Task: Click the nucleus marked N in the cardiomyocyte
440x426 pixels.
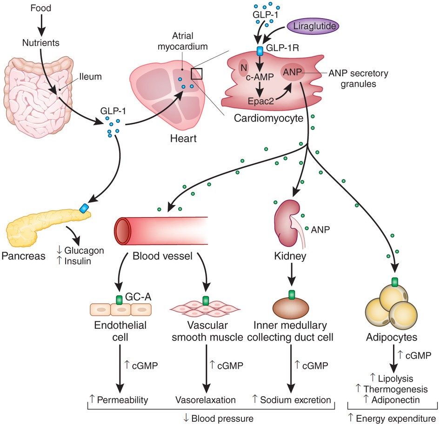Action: (242, 68)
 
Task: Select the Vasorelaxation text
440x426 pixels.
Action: (206, 399)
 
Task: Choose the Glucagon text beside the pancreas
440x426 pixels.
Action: (87, 250)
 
